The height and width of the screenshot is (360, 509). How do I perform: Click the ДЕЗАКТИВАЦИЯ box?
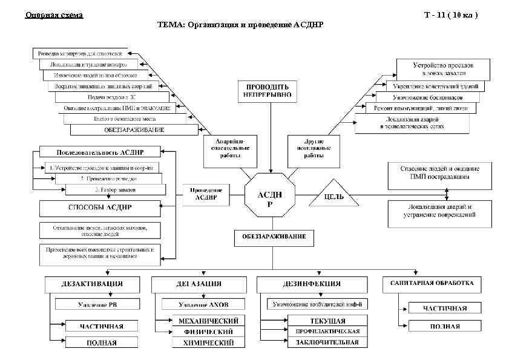point(91,283)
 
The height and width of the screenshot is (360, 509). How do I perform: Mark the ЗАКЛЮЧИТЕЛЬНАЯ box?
point(327,342)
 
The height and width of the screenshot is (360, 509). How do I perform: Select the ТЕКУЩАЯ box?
point(327,320)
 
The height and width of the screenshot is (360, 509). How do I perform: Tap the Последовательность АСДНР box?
point(100,151)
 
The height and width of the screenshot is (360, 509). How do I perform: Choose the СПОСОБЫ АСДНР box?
point(100,208)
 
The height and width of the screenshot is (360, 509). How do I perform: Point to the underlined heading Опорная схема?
point(54,14)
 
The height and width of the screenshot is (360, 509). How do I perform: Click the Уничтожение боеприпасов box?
point(427,97)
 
